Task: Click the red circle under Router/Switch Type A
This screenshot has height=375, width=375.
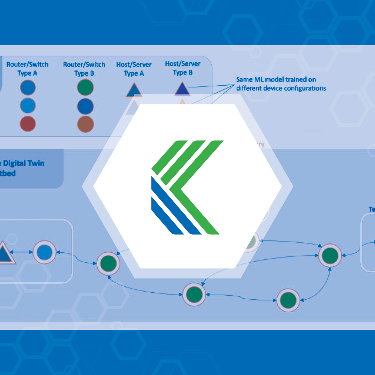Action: click(28, 123)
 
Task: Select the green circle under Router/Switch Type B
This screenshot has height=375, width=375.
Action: click(85, 87)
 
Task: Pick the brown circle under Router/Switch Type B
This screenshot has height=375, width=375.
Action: click(85, 124)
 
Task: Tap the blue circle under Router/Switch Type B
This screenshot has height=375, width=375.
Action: click(85, 106)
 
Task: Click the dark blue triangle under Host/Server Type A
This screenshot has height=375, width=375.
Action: click(134, 90)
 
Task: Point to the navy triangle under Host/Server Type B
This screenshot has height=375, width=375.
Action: click(182, 89)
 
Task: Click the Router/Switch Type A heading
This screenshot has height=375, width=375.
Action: click(27, 69)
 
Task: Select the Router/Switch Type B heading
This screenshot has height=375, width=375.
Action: click(84, 69)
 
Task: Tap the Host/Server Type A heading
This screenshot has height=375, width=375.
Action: click(134, 69)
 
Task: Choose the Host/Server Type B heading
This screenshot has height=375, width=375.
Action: click(183, 68)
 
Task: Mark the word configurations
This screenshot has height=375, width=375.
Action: click(308, 88)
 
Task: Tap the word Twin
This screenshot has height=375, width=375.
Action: click(36, 163)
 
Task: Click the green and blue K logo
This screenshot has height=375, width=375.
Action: click(187, 187)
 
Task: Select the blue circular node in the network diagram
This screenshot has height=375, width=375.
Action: click(44, 252)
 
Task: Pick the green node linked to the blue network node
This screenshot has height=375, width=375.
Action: click(108, 263)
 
